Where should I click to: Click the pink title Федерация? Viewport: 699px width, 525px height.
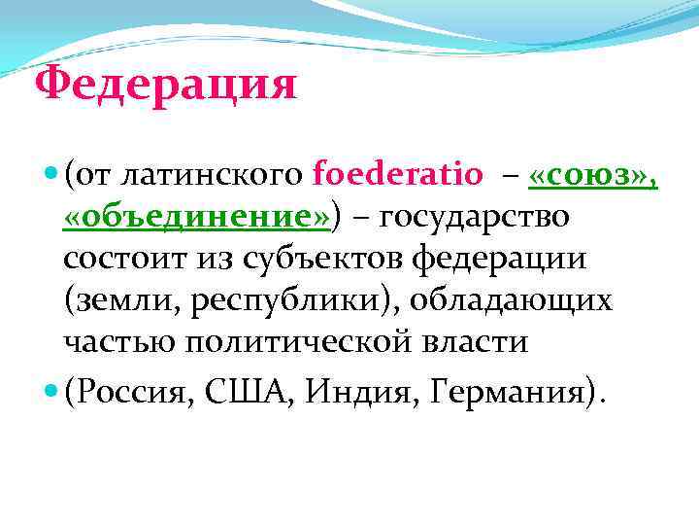[x=165, y=86]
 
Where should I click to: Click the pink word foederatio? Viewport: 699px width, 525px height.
[x=398, y=175]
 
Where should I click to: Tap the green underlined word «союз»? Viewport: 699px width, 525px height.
[x=592, y=175]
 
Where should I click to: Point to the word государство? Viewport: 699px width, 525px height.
[x=474, y=217]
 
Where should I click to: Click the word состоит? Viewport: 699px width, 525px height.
[x=117, y=259]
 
